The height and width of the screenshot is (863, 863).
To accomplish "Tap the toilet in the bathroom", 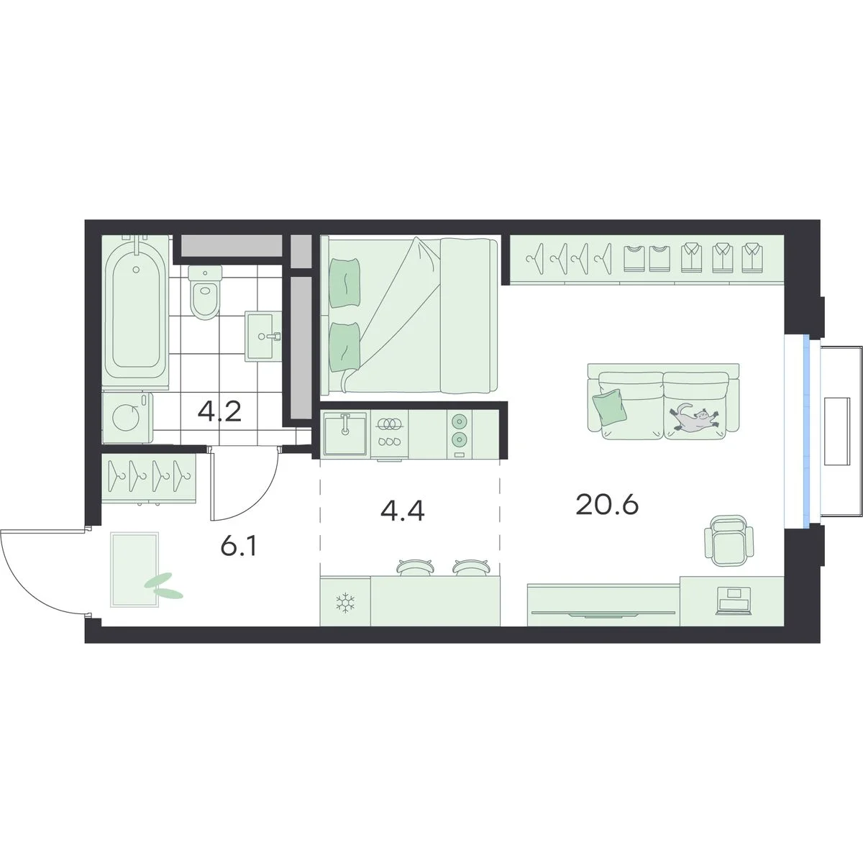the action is (x=206, y=291).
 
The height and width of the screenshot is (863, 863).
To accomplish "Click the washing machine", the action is (x=127, y=417).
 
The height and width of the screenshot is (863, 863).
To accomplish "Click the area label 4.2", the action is (x=219, y=411).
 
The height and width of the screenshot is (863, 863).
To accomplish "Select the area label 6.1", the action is (x=239, y=545).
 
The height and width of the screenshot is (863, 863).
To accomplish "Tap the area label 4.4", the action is (x=402, y=511).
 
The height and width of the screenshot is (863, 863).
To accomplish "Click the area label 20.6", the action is (x=607, y=505).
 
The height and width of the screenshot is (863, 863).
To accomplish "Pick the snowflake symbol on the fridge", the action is (x=345, y=603).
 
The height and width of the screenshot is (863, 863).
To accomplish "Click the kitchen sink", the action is (x=345, y=434).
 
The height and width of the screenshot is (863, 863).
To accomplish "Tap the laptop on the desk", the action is (x=734, y=600).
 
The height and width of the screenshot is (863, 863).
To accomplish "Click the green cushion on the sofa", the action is (x=608, y=406).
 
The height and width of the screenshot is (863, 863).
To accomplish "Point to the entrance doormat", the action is (x=134, y=570).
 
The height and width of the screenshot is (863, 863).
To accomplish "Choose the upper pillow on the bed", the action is (x=344, y=283).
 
